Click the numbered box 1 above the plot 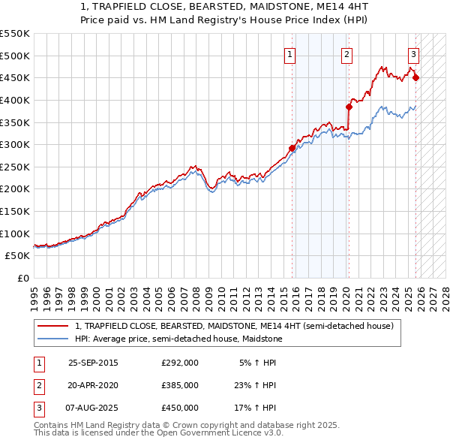point(290,53)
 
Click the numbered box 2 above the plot point(347,53)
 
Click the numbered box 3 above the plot point(414,53)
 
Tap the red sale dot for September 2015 point(292,148)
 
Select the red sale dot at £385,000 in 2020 point(349,107)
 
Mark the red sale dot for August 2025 point(415,77)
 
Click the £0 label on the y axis point(24,279)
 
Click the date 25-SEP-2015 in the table point(93,363)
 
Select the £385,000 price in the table point(179,385)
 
